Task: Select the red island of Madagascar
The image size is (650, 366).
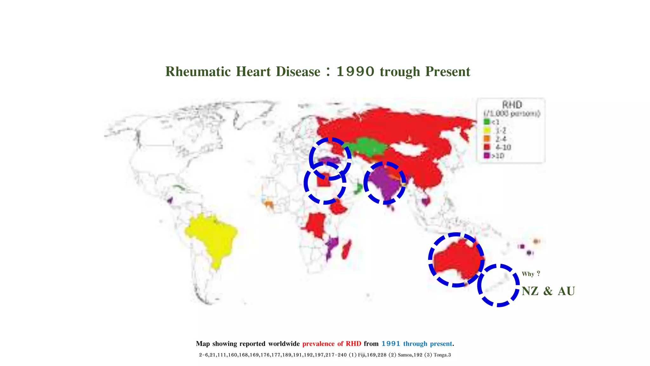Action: click(346, 250)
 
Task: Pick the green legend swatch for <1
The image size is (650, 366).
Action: click(486, 122)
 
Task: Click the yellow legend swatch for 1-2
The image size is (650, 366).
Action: click(486, 130)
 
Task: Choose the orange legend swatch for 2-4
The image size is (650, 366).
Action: click(486, 139)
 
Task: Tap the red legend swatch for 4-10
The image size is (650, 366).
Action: click(486, 147)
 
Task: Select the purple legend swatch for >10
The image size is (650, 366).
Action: click(486, 156)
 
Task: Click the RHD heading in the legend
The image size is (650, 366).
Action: click(512, 105)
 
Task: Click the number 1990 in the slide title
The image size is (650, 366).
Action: click(355, 72)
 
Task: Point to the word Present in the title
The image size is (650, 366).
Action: click(448, 72)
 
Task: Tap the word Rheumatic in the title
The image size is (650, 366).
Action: click(198, 72)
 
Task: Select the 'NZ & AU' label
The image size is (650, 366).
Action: click(548, 291)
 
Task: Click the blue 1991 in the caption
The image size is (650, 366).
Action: click(391, 344)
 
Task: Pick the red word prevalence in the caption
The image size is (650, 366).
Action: click(318, 344)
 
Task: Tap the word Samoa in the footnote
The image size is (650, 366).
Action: click(405, 355)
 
